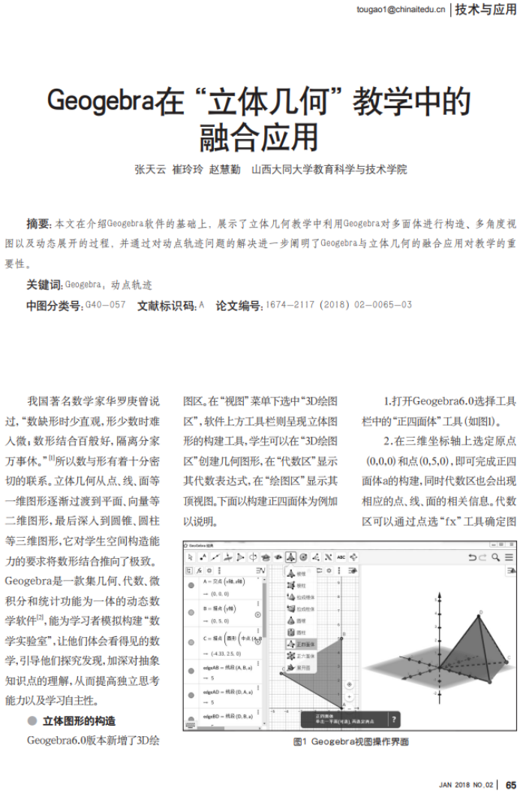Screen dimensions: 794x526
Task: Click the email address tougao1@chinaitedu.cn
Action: [401, 10]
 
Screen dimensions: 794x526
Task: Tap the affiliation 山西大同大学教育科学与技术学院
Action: [329, 170]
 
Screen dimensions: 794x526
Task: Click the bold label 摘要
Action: [38, 224]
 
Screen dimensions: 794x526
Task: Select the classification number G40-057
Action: [106, 306]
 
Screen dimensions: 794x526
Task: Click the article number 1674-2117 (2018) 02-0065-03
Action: [339, 306]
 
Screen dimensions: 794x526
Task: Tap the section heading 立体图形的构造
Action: [79, 721]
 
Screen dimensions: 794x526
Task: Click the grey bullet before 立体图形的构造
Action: [32, 721]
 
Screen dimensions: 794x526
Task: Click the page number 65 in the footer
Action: [511, 785]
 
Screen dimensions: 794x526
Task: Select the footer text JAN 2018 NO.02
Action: [466, 785]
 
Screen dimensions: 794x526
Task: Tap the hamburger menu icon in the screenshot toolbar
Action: [509, 557]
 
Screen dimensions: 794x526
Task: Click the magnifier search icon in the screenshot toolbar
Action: [495, 557]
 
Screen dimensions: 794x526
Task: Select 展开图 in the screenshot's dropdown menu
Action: [302, 667]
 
